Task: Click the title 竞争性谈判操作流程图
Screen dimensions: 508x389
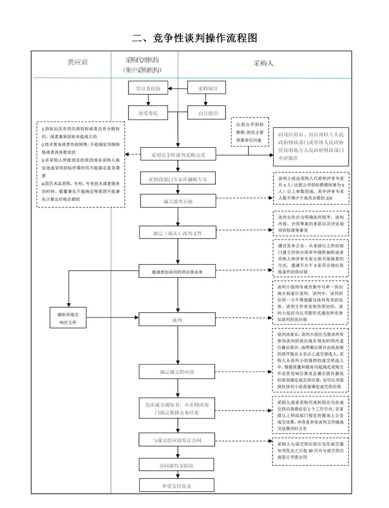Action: [x=194, y=38]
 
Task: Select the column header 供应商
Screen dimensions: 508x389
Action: [x=78, y=62]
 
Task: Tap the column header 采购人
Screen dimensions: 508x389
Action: [x=263, y=63]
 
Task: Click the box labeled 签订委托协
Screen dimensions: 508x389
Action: [x=148, y=88]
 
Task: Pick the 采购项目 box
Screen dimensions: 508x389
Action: [x=207, y=88]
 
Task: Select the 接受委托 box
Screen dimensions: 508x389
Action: [x=148, y=113]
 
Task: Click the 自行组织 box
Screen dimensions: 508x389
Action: [x=207, y=113]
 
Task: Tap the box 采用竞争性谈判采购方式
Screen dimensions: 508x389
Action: [x=178, y=155]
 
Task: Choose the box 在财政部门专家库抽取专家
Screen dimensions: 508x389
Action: [x=178, y=179]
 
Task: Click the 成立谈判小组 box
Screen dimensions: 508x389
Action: [x=178, y=201]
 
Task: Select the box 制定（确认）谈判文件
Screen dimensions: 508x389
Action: [x=178, y=233]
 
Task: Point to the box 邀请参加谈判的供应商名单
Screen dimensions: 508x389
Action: [x=177, y=272]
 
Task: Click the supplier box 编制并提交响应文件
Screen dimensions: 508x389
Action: [x=68, y=318]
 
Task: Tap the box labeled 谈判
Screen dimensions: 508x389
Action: [x=177, y=320]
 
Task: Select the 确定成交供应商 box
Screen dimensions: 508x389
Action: [x=177, y=372]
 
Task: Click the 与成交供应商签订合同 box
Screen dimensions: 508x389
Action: [x=177, y=440]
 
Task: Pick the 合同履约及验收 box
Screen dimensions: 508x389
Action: [x=176, y=465]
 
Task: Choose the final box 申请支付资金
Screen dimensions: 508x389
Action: [x=176, y=485]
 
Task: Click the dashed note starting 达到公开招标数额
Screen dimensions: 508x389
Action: [x=250, y=132]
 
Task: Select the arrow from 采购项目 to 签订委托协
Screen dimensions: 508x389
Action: [x=178, y=89]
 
